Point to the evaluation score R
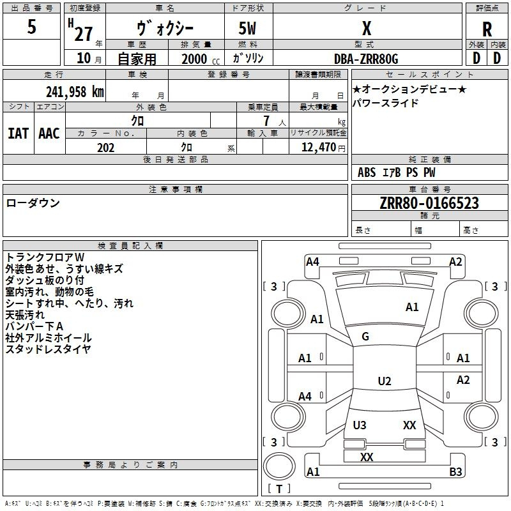coord(487,29)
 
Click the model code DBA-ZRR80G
coord(366,59)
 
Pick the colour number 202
coord(105,148)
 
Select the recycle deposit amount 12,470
coord(317,148)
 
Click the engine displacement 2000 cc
coord(198,59)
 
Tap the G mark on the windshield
coord(365,337)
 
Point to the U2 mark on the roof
coord(384,381)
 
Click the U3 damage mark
coord(360,425)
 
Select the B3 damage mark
coord(455,472)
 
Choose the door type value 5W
coord(249,29)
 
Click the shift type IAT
coord(18,133)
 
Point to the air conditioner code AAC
coord(49,133)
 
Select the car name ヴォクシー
coord(165,29)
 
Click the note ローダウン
coord(33,203)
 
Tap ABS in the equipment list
coord(367,172)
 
